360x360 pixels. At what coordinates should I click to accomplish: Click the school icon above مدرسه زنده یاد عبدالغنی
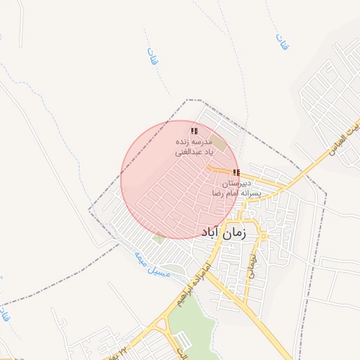click(193, 131)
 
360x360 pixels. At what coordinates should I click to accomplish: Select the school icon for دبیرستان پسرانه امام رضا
click(236, 172)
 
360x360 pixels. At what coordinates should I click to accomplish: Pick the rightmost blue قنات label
click(282, 41)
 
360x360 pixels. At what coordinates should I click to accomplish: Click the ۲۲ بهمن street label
click(116, 351)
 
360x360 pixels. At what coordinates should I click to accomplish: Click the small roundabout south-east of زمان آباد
click(264, 236)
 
